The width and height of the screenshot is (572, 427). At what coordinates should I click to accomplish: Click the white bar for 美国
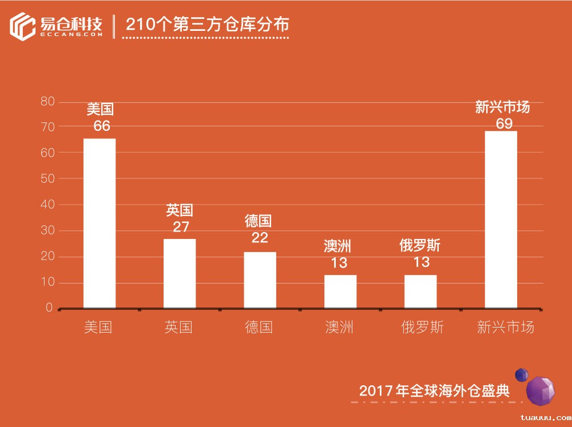(100, 223)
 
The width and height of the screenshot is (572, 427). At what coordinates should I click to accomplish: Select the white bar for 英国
(180, 273)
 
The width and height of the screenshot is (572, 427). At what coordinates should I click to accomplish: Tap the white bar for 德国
(260, 280)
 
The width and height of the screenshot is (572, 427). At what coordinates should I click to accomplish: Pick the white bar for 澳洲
(340, 292)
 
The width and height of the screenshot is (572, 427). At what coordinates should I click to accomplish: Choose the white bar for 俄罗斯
(420, 292)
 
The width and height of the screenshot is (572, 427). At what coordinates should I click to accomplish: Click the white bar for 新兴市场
(501, 220)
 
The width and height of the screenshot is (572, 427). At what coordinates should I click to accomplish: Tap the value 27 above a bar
(181, 227)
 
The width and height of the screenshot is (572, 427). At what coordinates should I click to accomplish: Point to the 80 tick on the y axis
(47, 102)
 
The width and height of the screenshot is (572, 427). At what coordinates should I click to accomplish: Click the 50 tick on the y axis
(47, 179)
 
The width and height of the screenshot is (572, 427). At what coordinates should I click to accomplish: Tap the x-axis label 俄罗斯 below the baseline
(422, 327)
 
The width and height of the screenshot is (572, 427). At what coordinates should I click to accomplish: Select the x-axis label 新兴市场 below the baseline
(506, 327)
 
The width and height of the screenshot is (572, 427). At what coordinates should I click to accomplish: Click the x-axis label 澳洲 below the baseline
(339, 327)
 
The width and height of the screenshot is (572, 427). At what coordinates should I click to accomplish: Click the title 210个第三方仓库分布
(207, 25)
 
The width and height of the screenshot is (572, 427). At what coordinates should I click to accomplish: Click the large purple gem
(540, 391)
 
